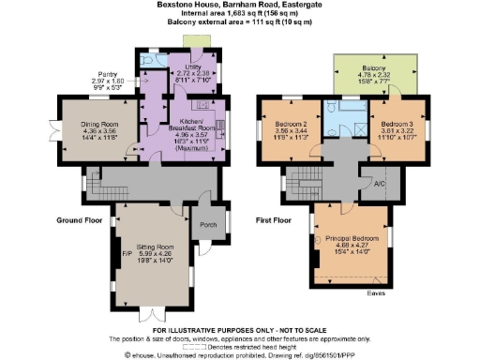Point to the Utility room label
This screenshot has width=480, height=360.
click(194, 66)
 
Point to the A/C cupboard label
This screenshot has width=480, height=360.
click(380, 184)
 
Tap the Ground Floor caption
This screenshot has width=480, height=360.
click(79, 221)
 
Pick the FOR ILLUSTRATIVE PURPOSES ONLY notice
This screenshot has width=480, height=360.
click(238, 330)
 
